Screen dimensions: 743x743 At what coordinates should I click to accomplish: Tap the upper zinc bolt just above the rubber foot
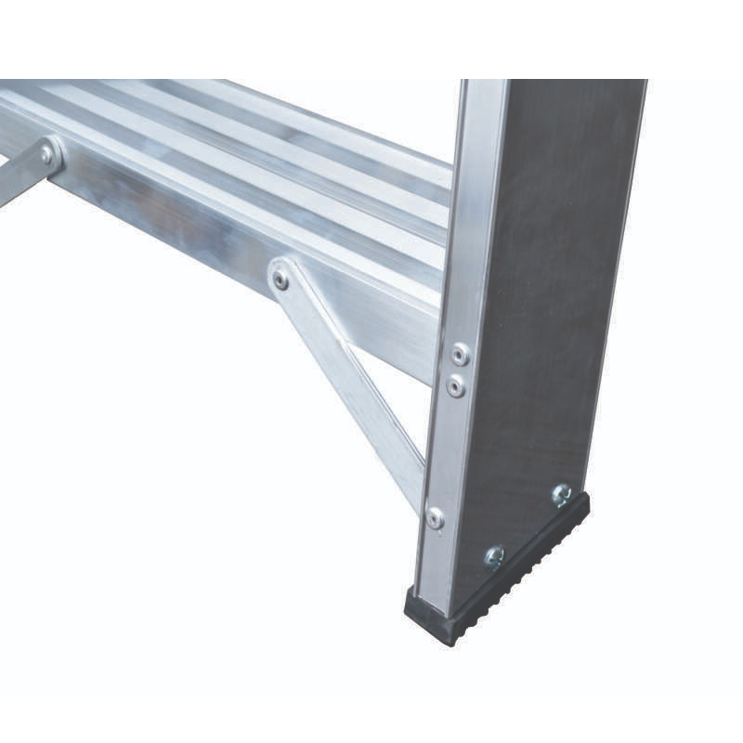pyautogui.click(x=561, y=494)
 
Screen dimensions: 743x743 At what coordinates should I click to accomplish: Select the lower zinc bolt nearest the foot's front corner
pyautogui.click(x=494, y=556)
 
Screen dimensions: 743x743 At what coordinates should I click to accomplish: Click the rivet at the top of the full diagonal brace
pyautogui.click(x=280, y=279)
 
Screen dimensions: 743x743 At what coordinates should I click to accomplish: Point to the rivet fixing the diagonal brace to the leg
pyautogui.click(x=435, y=517)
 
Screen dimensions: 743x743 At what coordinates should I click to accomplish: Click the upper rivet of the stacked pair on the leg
pyautogui.click(x=460, y=353)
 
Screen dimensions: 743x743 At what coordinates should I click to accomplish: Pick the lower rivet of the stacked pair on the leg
pyautogui.click(x=456, y=385)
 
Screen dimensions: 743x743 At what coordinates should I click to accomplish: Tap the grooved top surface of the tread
pyautogui.click(x=279, y=149)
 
